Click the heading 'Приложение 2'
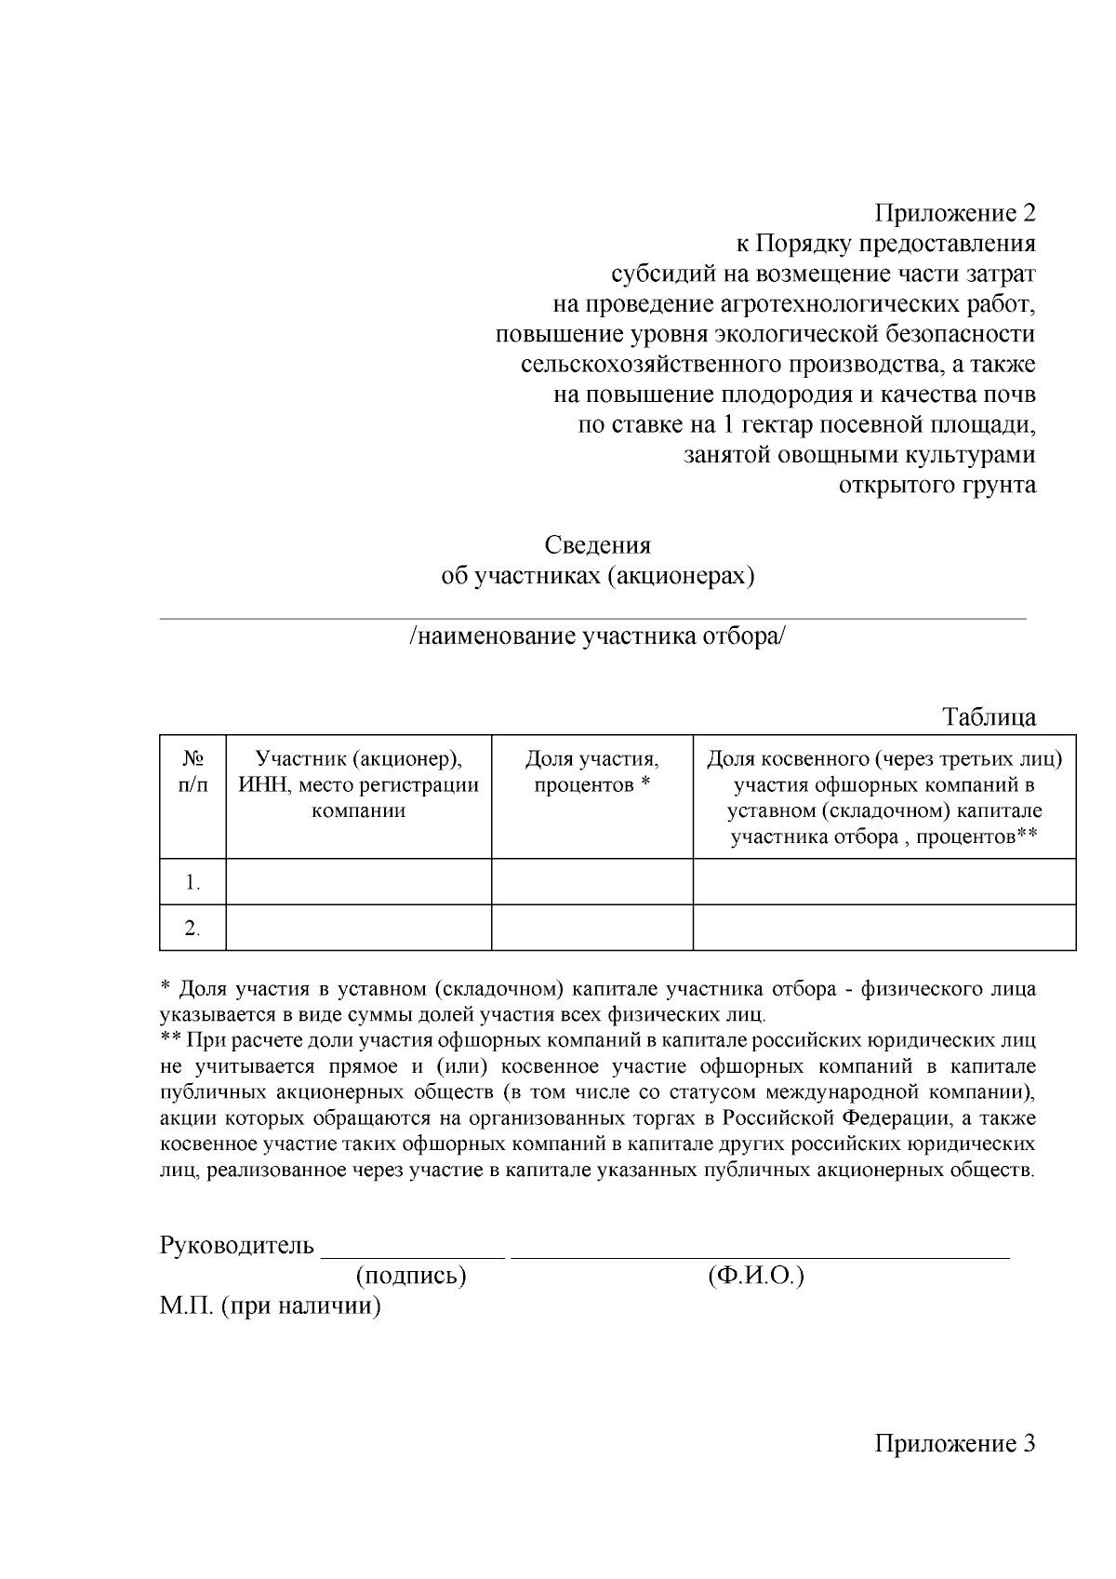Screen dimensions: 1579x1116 click(x=954, y=214)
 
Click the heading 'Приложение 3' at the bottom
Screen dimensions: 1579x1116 click(x=954, y=1444)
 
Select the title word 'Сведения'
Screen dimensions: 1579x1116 click(x=597, y=545)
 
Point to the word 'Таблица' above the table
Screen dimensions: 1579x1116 click(x=989, y=717)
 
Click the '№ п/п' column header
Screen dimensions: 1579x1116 click(x=193, y=771)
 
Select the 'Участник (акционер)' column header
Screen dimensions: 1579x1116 click(x=359, y=783)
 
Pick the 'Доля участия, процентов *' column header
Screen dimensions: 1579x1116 click(x=591, y=771)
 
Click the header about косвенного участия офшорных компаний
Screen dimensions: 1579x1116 click(x=883, y=796)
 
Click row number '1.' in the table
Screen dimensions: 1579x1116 click(x=193, y=882)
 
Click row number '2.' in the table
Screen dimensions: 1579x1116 click(x=193, y=928)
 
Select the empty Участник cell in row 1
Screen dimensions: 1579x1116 click(x=359, y=881)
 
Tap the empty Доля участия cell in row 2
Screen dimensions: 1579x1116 click(x=591, y=928)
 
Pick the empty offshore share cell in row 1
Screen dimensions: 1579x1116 click(x=883, y=881)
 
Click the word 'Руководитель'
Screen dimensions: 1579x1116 click(x=238, y=1245)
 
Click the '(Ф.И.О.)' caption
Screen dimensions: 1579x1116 click(x=755, y=1276)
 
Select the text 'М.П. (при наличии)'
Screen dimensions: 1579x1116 click(x=271, y=1306)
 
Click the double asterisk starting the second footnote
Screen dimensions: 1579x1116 click(x=170, y=1039)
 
